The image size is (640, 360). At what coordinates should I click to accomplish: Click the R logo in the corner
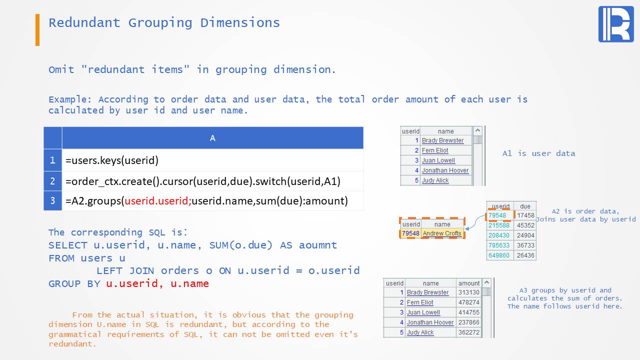point(616,24)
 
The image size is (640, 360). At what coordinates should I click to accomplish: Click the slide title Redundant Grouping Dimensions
point(164,23)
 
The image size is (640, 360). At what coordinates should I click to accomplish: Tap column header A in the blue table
point(212,138)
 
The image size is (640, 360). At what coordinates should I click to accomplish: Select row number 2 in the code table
point(52,181)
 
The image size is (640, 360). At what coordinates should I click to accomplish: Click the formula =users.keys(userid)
point(112,160)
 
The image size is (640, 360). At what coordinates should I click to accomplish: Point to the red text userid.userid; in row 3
point(158,201)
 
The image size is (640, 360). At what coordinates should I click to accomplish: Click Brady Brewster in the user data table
point(442,140)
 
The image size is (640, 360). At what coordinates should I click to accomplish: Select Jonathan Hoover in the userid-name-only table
point(445,170)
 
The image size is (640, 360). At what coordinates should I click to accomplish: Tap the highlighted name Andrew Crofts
point(442,233)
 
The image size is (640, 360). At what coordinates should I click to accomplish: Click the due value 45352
point(525,225)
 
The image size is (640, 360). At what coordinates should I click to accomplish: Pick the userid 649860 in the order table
point(499,255)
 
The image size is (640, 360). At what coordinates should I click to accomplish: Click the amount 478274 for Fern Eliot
point(469,302)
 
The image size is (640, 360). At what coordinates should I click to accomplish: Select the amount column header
point(469,283)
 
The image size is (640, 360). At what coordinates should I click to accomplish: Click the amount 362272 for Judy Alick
point(469,332)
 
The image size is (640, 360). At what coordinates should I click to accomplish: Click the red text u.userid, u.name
point(157,283)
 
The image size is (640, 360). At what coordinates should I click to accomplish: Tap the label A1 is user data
point(538,153)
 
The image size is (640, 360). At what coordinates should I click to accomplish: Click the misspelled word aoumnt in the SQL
point(317,245)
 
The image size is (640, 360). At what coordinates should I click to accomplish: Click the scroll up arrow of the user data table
point(477,130)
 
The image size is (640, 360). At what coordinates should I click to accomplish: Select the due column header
point(525,206)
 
